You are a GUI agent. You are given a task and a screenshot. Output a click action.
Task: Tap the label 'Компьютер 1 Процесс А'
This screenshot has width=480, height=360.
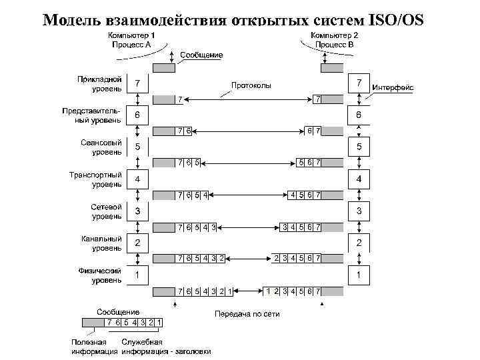click(x=133, y=39)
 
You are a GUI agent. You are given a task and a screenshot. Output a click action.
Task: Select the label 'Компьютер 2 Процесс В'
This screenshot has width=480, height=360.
click(x=333, y=39)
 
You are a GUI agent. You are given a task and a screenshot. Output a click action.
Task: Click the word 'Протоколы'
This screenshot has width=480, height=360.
click(x=251, y=85)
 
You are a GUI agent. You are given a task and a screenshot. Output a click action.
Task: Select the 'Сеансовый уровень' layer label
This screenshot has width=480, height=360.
click(x=101, y=147)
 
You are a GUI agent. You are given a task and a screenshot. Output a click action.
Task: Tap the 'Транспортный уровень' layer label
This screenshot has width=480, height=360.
click(x=96, y=179)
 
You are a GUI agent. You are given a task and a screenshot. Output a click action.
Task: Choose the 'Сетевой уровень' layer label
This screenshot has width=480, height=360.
click(x=106, y=211)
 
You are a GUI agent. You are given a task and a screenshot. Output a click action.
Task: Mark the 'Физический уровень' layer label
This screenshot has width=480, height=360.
click(x=100, y=275)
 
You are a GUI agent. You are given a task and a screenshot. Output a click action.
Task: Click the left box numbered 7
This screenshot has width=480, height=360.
click(x=138, y=84)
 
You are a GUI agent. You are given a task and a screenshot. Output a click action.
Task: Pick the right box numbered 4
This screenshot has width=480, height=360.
click(x=359, y=180)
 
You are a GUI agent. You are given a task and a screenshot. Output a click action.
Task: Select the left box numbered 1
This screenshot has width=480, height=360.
click(x=138, y=275)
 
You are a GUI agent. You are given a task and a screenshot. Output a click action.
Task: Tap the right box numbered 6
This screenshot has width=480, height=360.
click(x=359, y=115)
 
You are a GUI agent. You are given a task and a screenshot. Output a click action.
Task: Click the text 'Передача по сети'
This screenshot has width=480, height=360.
click(x=247, y=313)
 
